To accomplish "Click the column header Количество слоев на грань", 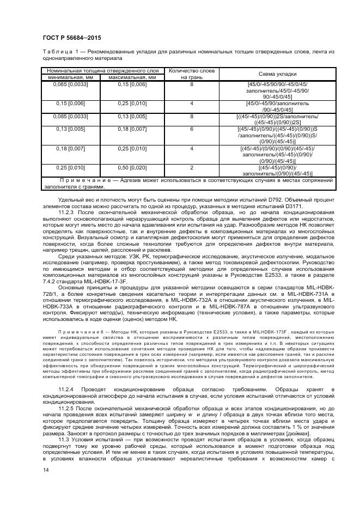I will pyautogui.click(x=192, y=74).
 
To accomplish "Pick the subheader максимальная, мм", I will pyautogui.click(x=133, y=77).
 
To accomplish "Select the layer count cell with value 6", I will pyautogui.click(x=192, y=129).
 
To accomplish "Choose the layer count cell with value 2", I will pyautogui.click(x=192, y=168).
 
